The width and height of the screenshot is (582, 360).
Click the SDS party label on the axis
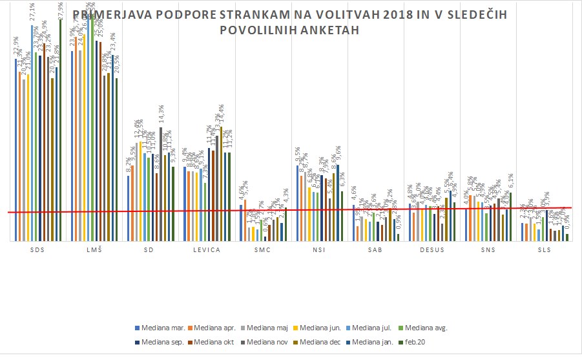(37, 250)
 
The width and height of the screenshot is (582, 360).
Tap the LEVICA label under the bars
(207, 250)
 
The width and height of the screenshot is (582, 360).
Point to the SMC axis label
(263, 250)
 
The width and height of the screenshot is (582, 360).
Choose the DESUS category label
(432, 250)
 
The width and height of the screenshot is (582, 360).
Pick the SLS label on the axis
(545, 250)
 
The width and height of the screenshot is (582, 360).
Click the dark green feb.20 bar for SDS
(60, 129)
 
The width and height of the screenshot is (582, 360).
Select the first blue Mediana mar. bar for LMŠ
(72, 145)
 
